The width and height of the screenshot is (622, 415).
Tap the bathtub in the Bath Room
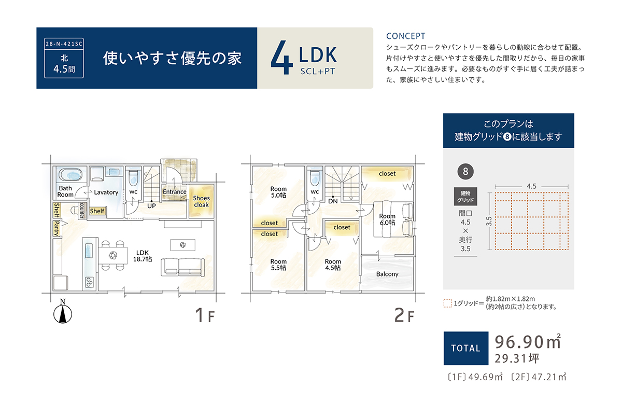(70, 175)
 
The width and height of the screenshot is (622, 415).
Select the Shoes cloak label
(201, 201)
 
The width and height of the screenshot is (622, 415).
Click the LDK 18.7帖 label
(143, 256)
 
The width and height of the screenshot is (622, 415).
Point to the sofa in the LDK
(182, 267)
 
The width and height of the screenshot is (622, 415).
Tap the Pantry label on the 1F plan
(56, 228)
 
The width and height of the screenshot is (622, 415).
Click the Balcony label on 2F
(387, 274)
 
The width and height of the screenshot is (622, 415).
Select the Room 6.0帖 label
(387, 219)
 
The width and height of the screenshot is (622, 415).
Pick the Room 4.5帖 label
(333, 265)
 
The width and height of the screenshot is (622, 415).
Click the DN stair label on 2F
(333, 201)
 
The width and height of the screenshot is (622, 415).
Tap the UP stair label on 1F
(151, 206)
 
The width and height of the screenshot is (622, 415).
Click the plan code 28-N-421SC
(64, 44)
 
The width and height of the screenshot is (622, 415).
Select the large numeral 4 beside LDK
(282, 57)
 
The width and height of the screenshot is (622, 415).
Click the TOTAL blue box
(465, 348)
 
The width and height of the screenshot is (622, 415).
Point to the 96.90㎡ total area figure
(528, 342)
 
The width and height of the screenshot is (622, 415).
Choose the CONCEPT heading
(405, 36)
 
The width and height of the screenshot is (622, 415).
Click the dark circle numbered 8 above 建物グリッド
(465, 172)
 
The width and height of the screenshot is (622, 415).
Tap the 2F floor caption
(404, 315)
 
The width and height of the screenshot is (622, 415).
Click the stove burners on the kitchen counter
(89, 282)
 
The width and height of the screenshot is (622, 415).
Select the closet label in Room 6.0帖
(387, 174)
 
